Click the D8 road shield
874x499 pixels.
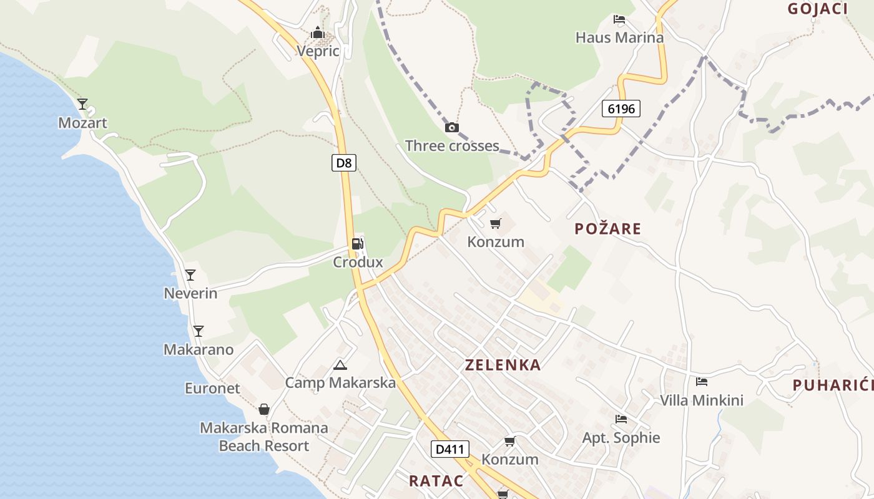(x=344, y=163)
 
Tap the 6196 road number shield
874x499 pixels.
(x=621, y=109)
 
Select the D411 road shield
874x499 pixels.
(x=449, y=448)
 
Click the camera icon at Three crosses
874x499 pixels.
(x=451, y=128)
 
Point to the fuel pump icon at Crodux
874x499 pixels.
(x=358, y=244)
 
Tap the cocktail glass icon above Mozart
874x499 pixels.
(x=82, y=104)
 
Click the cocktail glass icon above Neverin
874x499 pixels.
(x=190, y=274)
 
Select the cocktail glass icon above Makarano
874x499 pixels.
(x=199, y=331)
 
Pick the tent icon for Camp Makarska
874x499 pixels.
(x=340, y=365)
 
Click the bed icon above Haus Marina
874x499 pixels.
(x=619, y=19)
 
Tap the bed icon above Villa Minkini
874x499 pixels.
(x=702, y=382)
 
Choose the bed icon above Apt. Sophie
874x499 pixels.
(x=621, y=419)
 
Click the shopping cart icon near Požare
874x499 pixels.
(x=496, y=223)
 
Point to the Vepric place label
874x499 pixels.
(x=318, y=51)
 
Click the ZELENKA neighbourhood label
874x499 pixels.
(x=503, y=365)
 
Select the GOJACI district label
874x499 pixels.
(x=817, y=9)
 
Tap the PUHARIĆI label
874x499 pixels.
(x=833, y=385)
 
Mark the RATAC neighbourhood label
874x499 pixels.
(x=436, y=481)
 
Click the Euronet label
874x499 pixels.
(x=212, y=388)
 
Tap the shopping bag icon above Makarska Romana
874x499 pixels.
(x=264, y=409)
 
